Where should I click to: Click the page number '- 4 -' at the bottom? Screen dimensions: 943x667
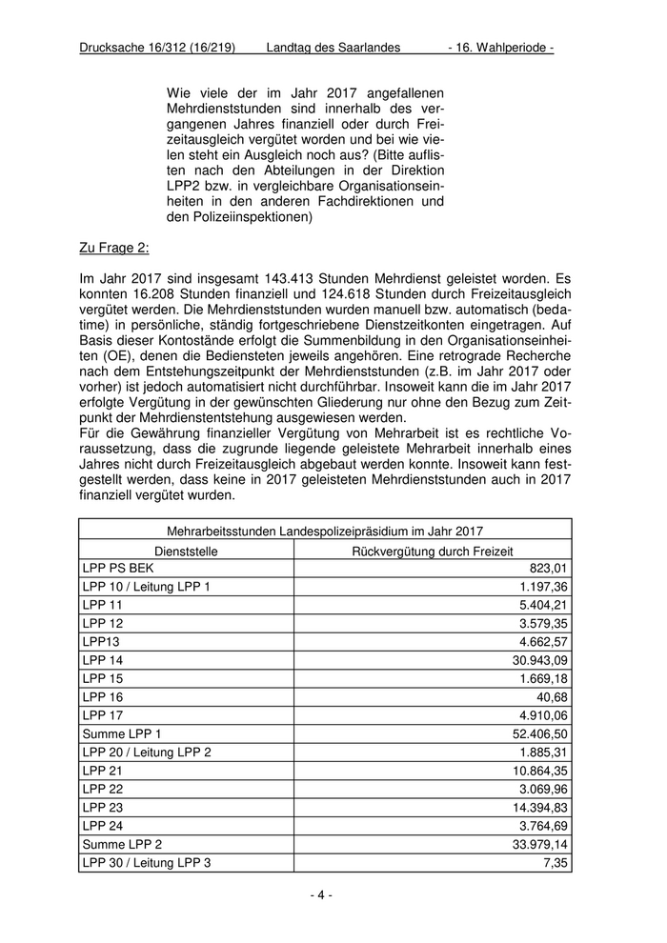click(321, 894)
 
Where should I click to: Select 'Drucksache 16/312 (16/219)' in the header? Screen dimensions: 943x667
click(158, 47)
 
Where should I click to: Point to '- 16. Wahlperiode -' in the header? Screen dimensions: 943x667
click(500, 47)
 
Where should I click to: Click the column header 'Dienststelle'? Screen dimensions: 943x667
click(186, 551)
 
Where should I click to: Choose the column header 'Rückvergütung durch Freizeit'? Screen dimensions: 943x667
click(433, 551)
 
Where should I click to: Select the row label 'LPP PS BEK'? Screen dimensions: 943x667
click(111, 569)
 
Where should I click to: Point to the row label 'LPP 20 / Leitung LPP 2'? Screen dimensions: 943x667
click(147, 752)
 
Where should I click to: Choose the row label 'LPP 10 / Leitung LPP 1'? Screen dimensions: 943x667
click(147, 587)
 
